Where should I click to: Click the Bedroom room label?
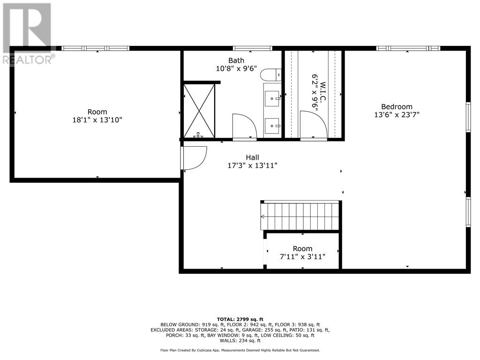click(x=397, y=106)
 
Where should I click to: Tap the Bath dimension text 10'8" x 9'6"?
click(x=236, y=68)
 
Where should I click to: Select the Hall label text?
click(x=252, y=157)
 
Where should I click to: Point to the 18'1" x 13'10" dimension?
click(x=97, y=120)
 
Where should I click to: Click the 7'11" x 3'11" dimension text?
click(x=302, y=256)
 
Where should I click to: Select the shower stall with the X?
click(x=199, y=111)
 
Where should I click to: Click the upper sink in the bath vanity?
click(x=272, y=98)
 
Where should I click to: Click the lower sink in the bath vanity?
click(x=272, y=125)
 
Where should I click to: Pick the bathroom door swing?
click(x=244, y=127)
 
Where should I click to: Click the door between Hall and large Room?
click(x=194, y=158)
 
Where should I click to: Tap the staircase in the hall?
click(x=300, y=216)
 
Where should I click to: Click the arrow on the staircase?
click(x=263, y=217)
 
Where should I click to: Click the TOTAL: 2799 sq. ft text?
click(x=240, y=319)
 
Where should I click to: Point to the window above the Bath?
click(x=253, y=48)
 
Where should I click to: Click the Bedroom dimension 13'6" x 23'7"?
click(x=397, y=114)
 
